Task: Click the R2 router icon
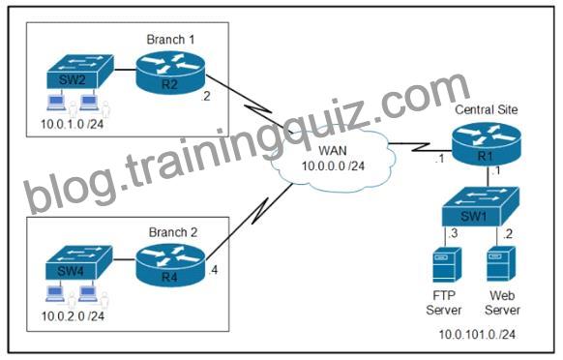(170, 73)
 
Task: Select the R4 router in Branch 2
(170, 266)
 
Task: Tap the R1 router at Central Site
(487, 144)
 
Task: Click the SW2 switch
(80, 72)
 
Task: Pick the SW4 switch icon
(79, 262)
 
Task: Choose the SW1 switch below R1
(481, 206)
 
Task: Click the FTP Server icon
(447, 265)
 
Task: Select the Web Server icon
(501, 264)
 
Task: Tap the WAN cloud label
(333, 150)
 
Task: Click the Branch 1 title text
(170, 40)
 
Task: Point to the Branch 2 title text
(173, 232)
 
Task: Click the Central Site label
(487, 109)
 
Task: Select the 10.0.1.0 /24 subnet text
(73, 124)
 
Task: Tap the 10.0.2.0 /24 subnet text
(73, 316)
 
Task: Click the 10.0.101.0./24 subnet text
(477, 335)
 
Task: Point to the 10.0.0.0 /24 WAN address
(333, 166)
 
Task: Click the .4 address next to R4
(213, 270)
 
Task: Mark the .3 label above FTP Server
(453, 233)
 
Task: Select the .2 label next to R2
(205, 96)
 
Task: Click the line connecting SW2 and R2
(125, 70)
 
